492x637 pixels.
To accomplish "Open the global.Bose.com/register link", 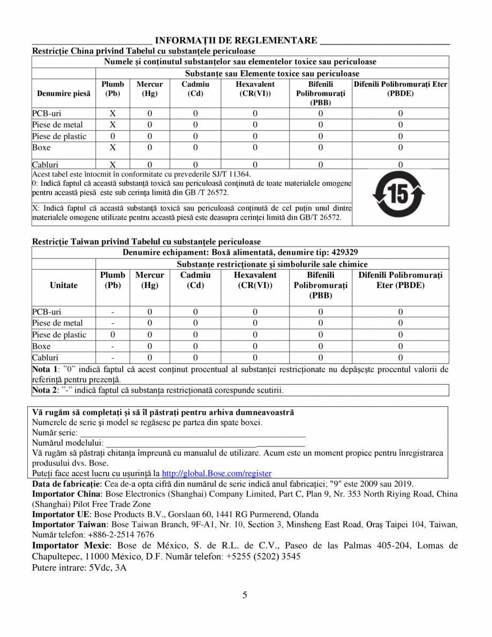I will [216, 473].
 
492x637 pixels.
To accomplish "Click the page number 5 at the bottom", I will [245, 595].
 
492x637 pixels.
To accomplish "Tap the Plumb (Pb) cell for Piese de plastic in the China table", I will [113, 136].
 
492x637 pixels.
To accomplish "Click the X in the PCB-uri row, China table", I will [113, 113].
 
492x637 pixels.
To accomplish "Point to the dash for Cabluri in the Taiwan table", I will [113, 358].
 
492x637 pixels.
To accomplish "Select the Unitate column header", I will [63, 285].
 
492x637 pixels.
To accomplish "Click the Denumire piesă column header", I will [63, 94].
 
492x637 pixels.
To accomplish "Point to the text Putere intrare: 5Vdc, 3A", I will [79, 567].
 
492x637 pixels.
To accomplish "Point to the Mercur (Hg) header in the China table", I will [149, 89].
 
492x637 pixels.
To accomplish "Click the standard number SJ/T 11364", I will [227, 174].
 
